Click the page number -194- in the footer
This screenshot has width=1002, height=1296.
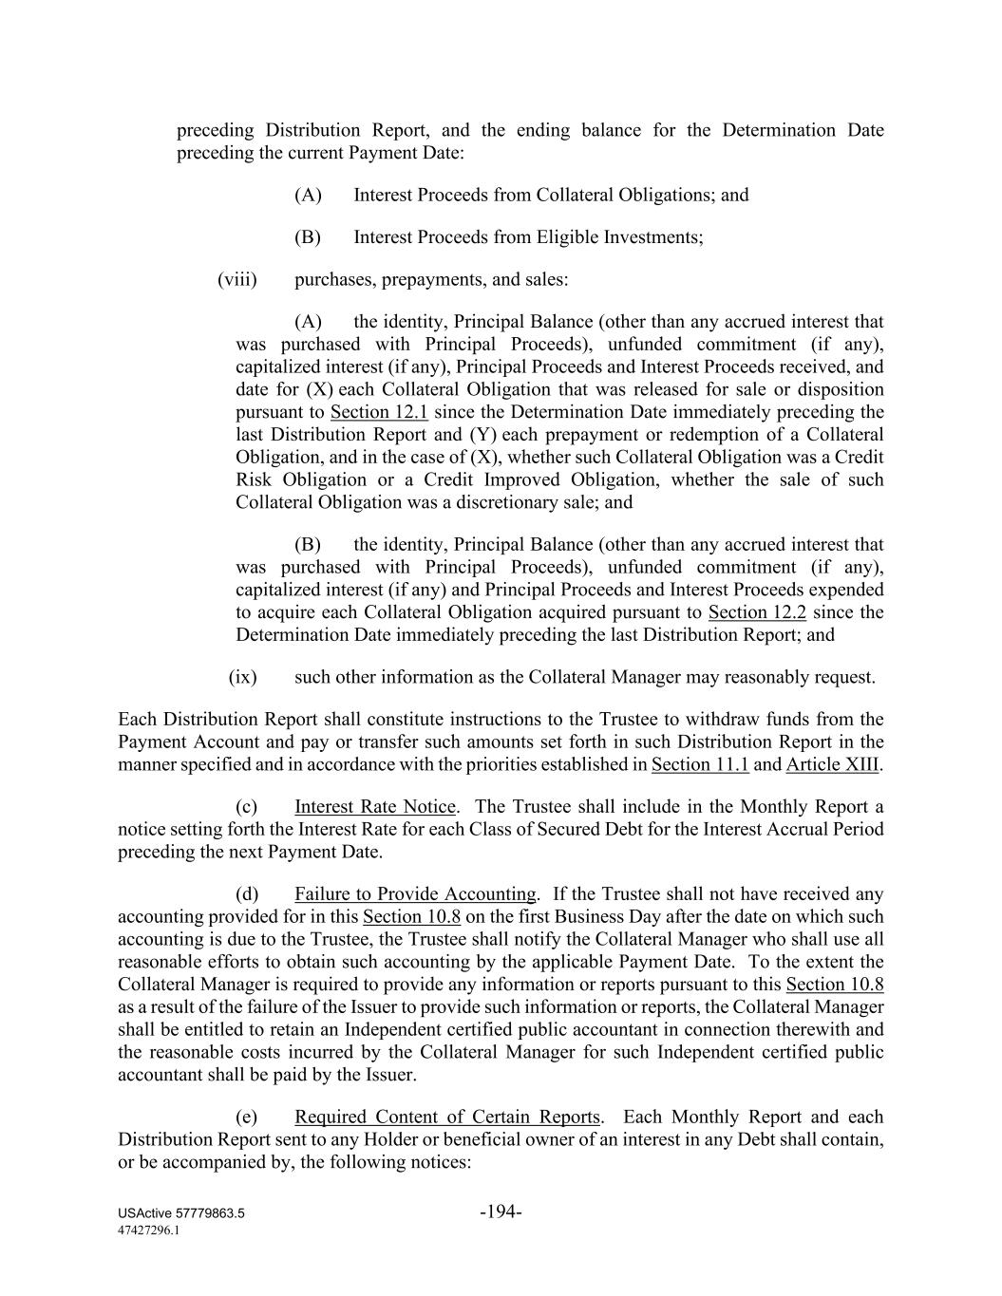coord(501,1211)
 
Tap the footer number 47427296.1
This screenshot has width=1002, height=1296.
coord(149,1230)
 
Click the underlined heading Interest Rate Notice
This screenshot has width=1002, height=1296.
coord(375,807)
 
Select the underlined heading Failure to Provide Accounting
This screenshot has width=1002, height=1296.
coord(415,894)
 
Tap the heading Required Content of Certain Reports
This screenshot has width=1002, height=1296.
coord(447,1118)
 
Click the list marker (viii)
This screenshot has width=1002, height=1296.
coord(237,279)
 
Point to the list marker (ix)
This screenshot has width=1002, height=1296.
coord(243,677)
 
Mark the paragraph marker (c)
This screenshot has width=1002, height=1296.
coord(247,807)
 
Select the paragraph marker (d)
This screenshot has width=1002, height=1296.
coord(247,894)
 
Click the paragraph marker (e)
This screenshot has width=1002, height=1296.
coord(247,1118)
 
